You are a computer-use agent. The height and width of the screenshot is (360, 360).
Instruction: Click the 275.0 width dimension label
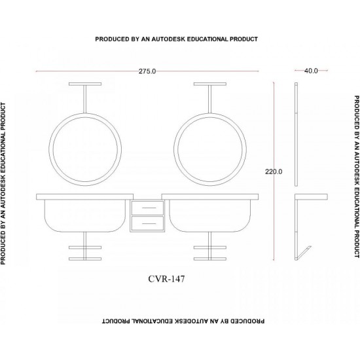click(x=147, y=71)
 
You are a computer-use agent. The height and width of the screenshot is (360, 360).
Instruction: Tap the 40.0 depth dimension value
click(x=311, y=71)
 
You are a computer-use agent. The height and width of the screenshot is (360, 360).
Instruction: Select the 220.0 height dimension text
click(x=274, y=171)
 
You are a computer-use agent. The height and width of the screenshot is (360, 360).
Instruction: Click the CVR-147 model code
click(x=166, y=279)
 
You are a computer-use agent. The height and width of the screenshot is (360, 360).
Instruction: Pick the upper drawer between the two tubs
click(x=147, y=208)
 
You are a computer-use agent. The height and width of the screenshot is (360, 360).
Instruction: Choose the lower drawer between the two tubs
click(x=147, y=223)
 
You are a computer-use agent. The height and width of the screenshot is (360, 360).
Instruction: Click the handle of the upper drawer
click(x=149, y=207)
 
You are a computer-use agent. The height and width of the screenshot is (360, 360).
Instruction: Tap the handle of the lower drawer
click(x=149, y=223)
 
